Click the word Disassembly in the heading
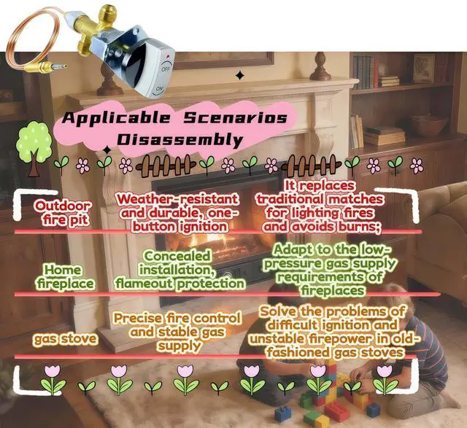pyautogui.click(x=174, y=139)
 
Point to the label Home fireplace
pyautogui.click(x=63, y=276)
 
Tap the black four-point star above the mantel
pyautogui.click(x=239, y=74)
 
